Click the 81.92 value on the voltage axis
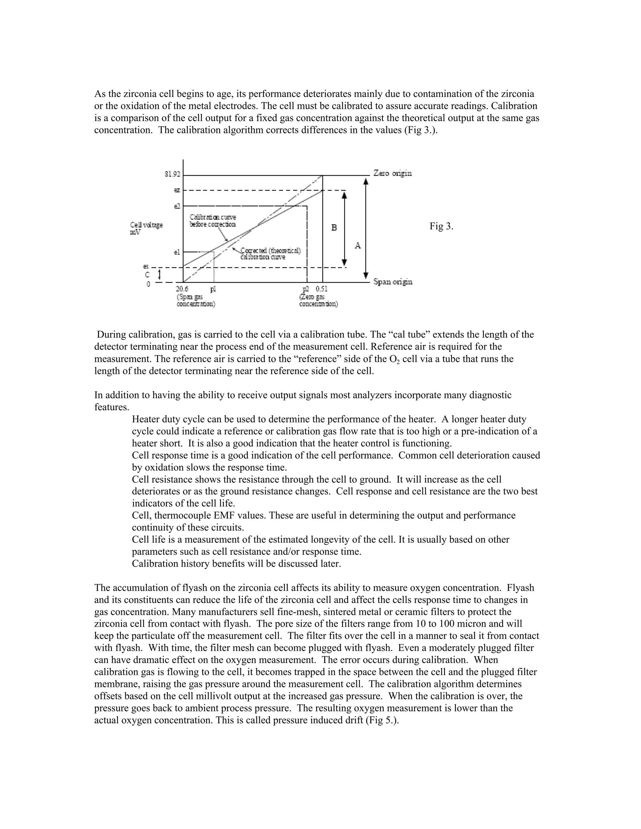click(x=172, y=174)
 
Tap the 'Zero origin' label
click(x=393, y=174)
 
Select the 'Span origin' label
click(x=393, y=282)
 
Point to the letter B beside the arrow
click(x=334, y=228)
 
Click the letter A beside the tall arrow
click(x=357, y=246)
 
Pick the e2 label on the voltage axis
click(x=177, y=206)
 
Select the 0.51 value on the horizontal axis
click(x=322, y=289)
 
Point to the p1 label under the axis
click(x=213, y=289)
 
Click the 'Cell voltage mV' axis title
click(x=146, y=228)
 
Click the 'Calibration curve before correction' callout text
click(x=213, y=221)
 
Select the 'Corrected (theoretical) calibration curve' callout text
click(x=270, y=254)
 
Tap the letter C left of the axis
click(x=148, y=275)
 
